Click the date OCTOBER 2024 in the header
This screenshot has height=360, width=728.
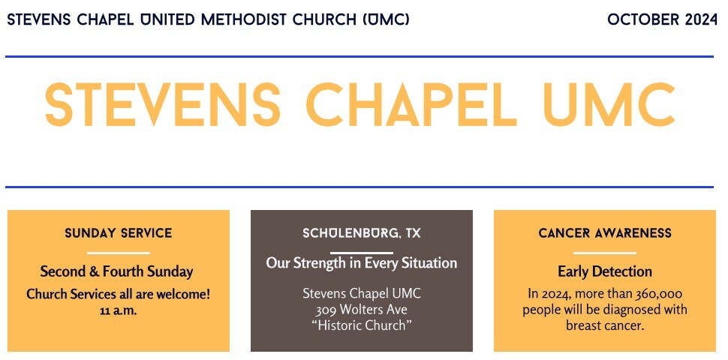[662, 20]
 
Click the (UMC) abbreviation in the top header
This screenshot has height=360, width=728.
[387, 20]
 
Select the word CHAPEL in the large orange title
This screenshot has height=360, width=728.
[411, 105]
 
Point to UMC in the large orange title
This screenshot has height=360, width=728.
[609, 105]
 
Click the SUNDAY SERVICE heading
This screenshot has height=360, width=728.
[119, 233]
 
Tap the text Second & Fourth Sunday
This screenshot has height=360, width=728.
[116, 271]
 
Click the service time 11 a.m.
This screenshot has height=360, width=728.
[119, 310]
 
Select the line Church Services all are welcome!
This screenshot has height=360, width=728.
[119, 294]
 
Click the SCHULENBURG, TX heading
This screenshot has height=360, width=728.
[362, 233]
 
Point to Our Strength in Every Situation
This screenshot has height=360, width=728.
[362, 263]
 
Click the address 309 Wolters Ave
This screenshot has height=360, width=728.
[362, 310]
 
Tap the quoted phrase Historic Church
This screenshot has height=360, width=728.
[362, 325]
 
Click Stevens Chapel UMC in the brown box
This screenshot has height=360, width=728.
[362, 294]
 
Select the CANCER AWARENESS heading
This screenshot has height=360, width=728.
[605, 233]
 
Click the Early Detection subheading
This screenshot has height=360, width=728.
[605, 271]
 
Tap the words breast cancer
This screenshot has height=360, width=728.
[605, 325]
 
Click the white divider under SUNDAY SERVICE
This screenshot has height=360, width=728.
[119, 253]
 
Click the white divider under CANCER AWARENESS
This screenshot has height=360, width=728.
[605, 253]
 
